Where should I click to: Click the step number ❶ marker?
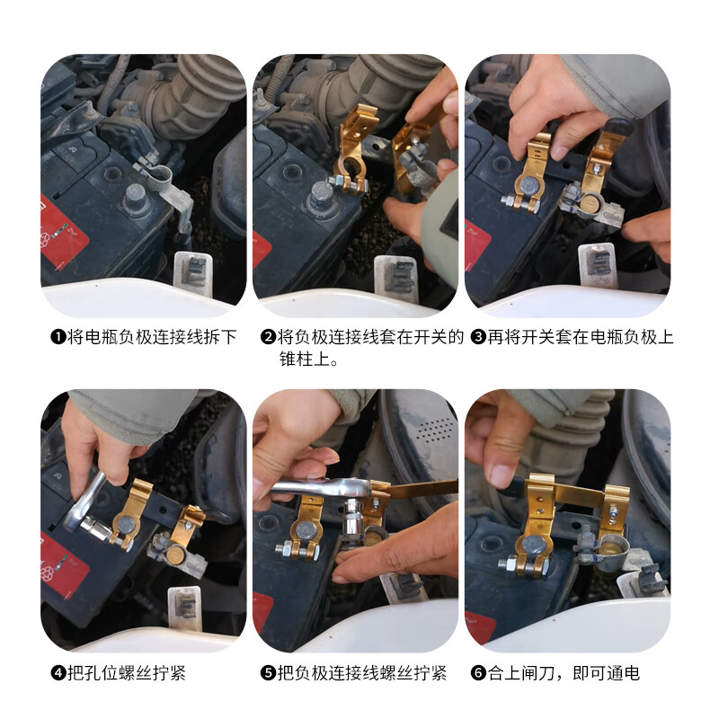tap(58, 338)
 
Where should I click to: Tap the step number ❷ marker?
tap(268, 338)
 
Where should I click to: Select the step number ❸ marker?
tap(478, 338)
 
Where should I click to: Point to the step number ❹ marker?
tap(58, 673)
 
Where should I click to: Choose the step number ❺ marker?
tap(268, 673)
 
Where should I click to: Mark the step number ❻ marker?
tap(478, 673)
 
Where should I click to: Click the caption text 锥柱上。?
tap(309, 359)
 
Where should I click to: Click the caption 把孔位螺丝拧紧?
tap(127, 673)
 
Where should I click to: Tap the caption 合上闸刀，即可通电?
tap(564, 673)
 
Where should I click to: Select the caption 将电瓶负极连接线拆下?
tap(152, 338)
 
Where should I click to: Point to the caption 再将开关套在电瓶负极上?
tap(581, 338)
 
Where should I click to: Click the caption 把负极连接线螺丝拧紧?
tap(362, 673)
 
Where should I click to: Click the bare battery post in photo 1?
tap(135, 198)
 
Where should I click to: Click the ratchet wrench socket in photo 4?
tap(95, 526)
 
